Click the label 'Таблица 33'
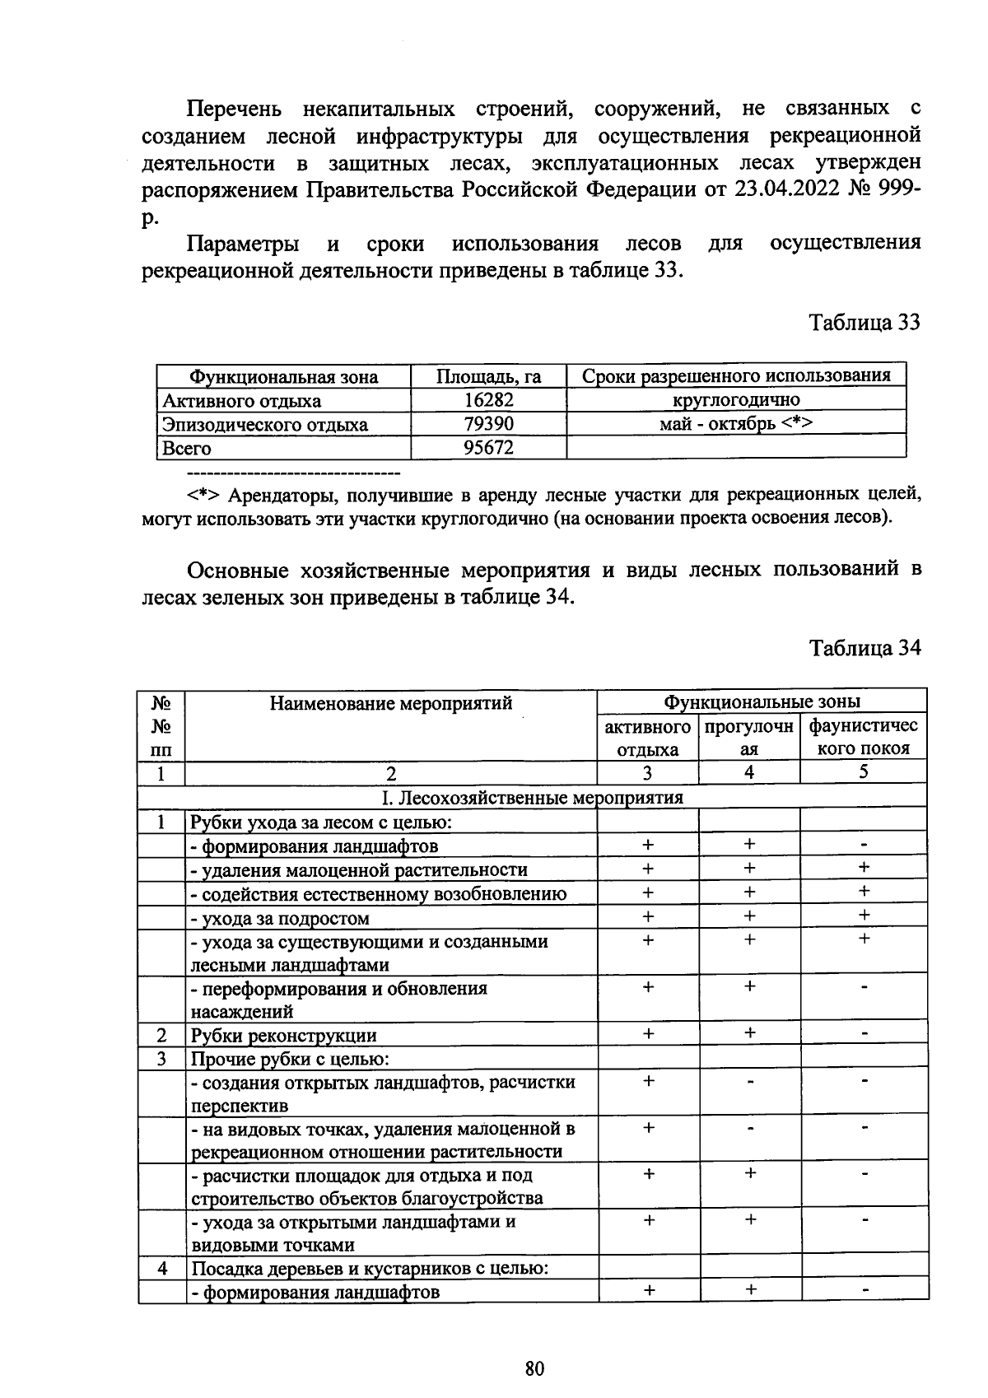point(864,322)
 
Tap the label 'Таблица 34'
point(864,648)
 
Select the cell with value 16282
point(488,400)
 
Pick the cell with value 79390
point(488,424)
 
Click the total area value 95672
point(488,448)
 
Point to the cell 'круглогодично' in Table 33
point(736,400)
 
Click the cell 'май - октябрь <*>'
point(736,424)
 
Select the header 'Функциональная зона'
point(283,377)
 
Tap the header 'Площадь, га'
point(488,377)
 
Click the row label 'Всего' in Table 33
point(187,449)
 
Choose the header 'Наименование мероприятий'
point(391,702)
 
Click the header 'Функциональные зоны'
point(762,701)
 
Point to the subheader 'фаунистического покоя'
point(863,737)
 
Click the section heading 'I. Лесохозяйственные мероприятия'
point(532,797)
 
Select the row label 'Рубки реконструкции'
point(284,1036)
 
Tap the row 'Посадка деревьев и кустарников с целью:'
point(370,1268)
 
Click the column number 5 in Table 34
point(863,772)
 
